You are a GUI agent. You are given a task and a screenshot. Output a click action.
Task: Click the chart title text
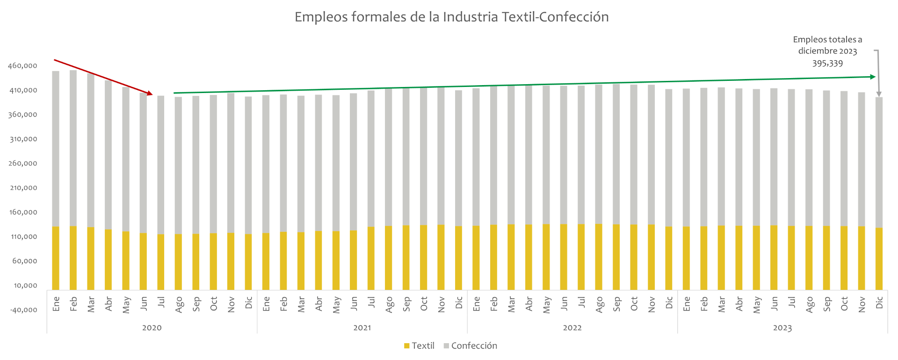[x=451, y=17]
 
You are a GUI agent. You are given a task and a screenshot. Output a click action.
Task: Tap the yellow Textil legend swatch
[x=407, y=346]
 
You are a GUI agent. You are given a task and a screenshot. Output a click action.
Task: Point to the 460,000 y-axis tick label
[x=22, y=66]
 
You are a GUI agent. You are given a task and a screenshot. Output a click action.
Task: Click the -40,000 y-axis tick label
[x=22, y=310]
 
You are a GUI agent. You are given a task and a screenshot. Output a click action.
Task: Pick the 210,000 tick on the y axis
[x=22, y=188]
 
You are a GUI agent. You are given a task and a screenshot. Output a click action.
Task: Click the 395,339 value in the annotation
[x=827, y=64]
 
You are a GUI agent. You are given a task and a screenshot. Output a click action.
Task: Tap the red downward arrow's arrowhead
[x=150, y=94]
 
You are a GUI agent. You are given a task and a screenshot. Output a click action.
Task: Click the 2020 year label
[x=152, y=328]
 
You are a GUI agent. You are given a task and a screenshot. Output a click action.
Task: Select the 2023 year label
[x=782, y=328]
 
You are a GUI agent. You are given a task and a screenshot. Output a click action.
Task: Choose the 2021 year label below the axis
[x=362, y=328]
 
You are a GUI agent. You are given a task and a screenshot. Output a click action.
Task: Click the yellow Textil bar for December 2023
[x=879, y=259]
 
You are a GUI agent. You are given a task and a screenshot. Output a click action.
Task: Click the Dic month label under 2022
[x=669, y=302]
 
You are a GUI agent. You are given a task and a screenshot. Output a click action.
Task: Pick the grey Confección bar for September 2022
[x=616, y=154]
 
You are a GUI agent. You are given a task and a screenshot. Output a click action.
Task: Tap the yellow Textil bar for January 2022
[x=476, y=258]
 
